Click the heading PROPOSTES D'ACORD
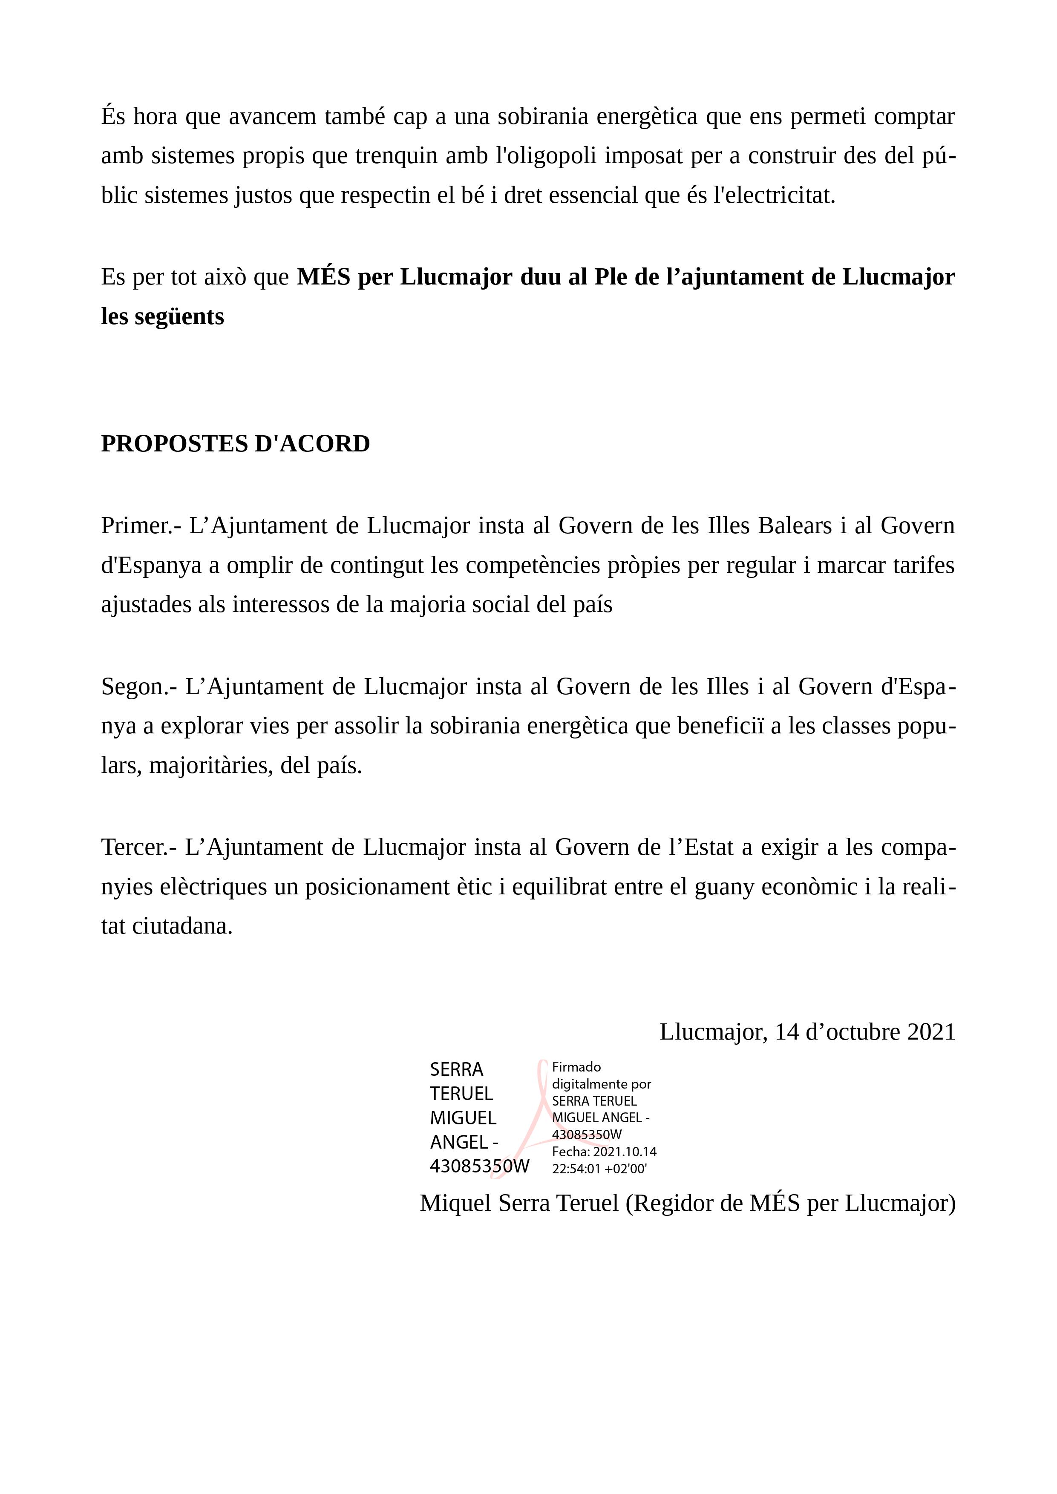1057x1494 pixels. click(235, 444)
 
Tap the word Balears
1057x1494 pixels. click(795, 526)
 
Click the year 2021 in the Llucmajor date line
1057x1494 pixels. click(931, 1032)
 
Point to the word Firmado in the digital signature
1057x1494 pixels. click(576, 1067)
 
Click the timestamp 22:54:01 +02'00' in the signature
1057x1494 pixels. click(599, 1169)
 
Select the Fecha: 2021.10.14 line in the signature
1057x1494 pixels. click(604, 1152)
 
